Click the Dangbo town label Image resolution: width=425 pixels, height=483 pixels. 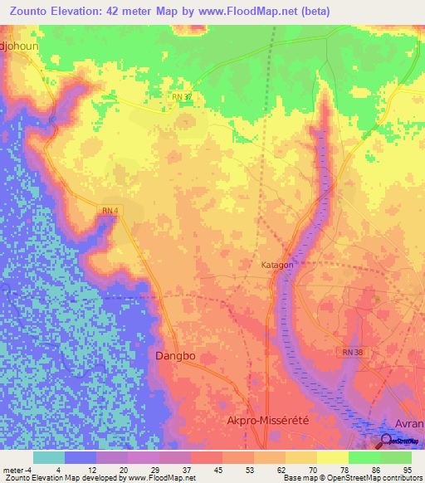(175, 355)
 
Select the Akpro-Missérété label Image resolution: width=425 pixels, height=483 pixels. (267, 421)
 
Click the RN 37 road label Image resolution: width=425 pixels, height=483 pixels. (183, 97)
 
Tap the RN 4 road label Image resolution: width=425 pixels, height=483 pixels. (109, 212)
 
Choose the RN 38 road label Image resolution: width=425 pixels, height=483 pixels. (352, 352)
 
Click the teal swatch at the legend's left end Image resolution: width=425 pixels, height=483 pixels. (49, 457)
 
